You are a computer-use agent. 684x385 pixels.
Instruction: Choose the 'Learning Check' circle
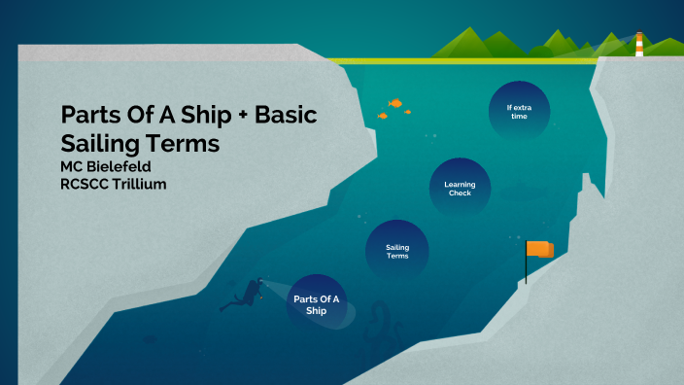tap(460, 188)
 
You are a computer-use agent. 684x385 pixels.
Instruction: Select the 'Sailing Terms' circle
tap(397, 251)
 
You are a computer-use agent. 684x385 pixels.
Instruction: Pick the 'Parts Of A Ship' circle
tap(317, 304)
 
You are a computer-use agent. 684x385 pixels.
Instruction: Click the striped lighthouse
tap(639, 45)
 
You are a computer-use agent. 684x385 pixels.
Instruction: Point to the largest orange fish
tap(395, 102)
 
